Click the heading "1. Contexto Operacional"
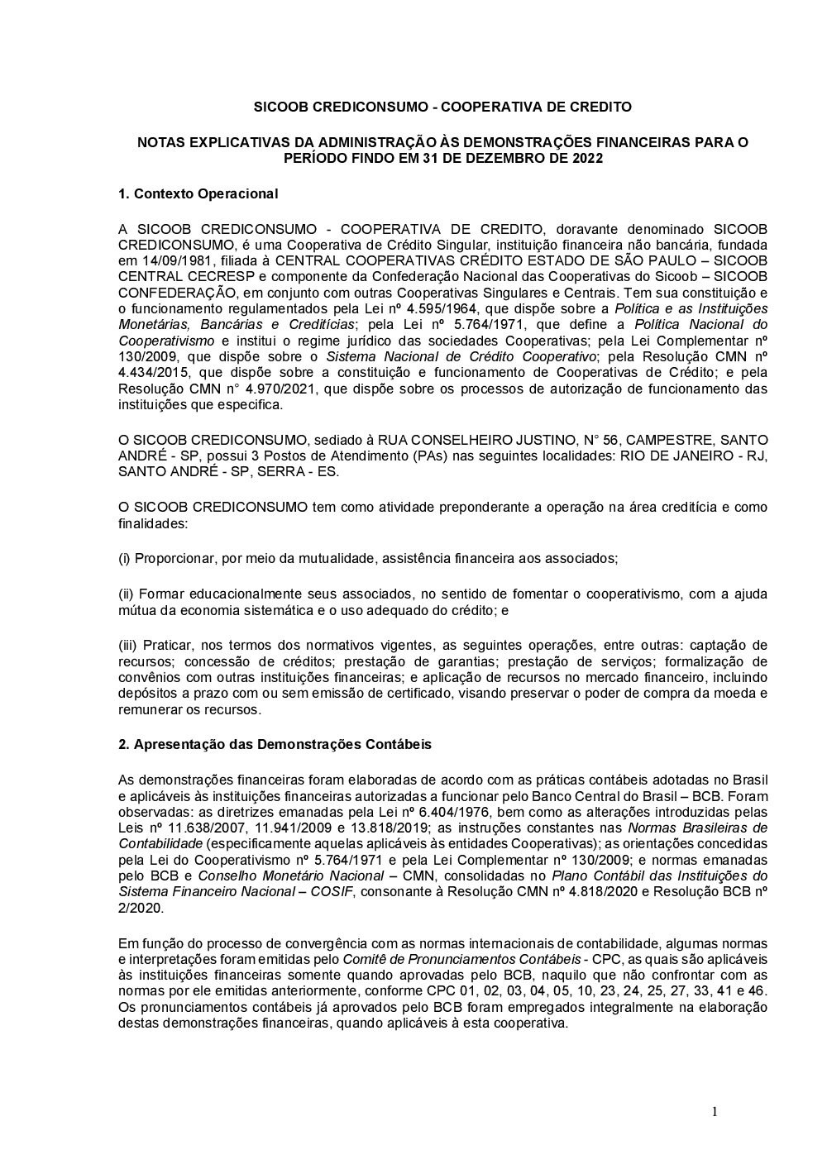(x=198, y=194)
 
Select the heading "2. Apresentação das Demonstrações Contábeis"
(x=275, y=744)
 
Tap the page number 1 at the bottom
(x=715, y=1112)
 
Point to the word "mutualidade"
(x=323, y=558)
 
